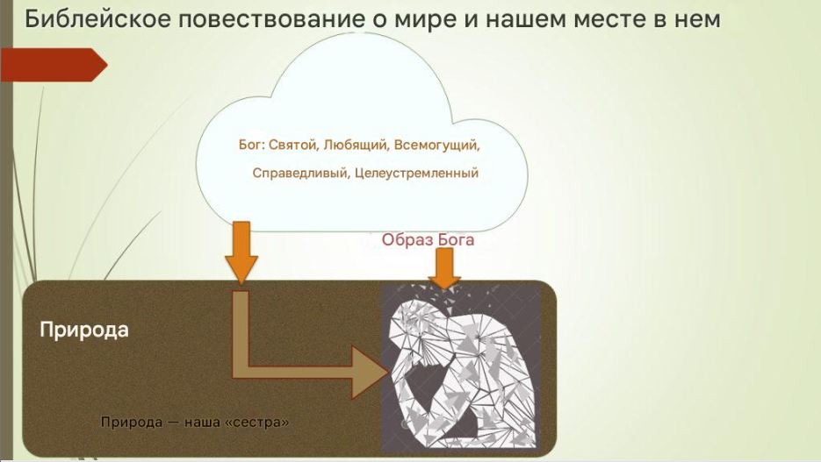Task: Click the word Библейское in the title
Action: point(98,19)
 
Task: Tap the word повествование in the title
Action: point(271,19)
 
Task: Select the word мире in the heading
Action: point(423,20)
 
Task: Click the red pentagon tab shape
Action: point(54,65)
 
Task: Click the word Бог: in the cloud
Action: point(251,145)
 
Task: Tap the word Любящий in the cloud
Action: point(356,145)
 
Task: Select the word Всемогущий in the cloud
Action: point(436,145)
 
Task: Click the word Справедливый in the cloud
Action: point(301,173)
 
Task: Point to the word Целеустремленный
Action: point(417,173)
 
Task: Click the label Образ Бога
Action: point(428,239)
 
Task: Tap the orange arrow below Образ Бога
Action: point(444,268)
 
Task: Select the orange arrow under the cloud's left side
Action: point(241,252)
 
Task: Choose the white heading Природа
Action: point(84,330)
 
